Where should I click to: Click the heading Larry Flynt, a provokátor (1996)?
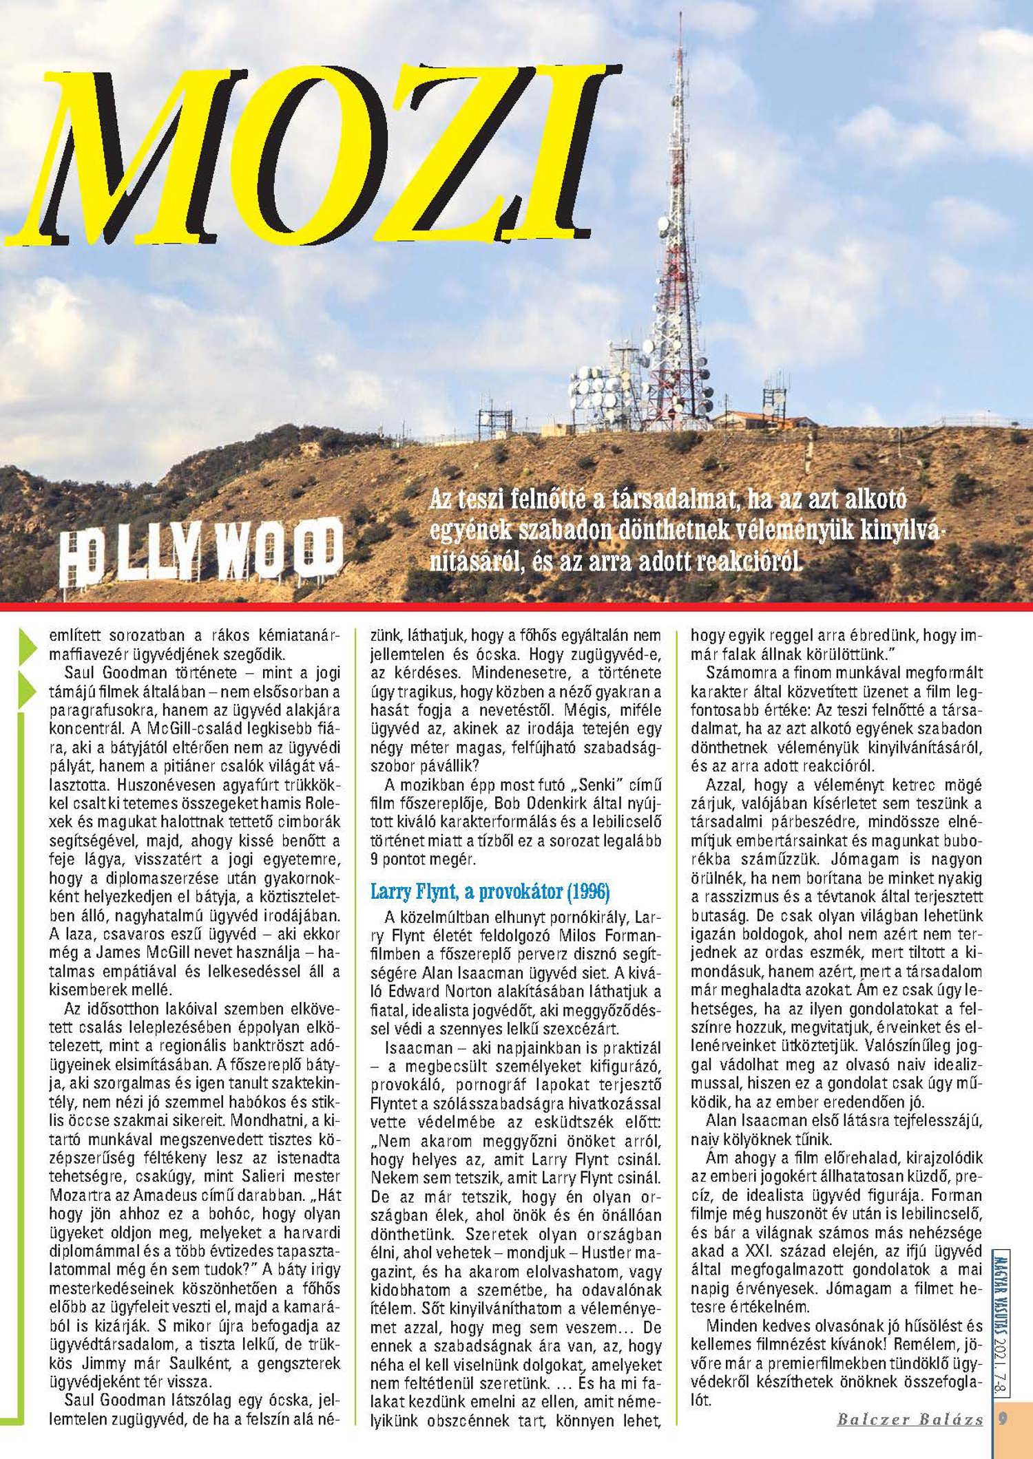click(490, 892)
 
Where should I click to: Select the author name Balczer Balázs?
click(910, 1419)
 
